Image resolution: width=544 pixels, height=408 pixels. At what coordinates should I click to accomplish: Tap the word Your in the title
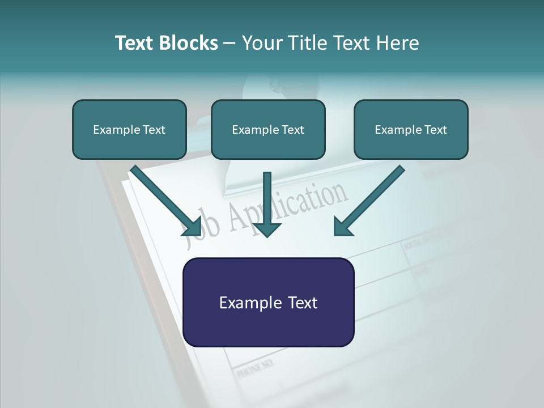(x=261, y=43)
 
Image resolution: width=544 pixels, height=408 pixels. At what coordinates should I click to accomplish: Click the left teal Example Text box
(x=129, y=130)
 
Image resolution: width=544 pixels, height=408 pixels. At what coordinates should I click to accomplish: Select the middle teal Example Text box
(x=268, y=130)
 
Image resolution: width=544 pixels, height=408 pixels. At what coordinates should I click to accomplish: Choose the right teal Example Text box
(x=411, y=130)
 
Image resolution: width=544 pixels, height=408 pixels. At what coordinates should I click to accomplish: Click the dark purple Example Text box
(x=268, y=303)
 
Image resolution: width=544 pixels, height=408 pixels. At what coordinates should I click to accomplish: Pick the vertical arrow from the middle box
(x=267, y=198)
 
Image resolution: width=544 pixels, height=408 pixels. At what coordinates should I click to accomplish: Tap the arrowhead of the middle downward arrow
(x=267, y=229)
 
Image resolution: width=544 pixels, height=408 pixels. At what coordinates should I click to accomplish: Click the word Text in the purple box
(x=300, y=303)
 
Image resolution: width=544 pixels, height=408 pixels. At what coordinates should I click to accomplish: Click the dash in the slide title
(x=229, y=43)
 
